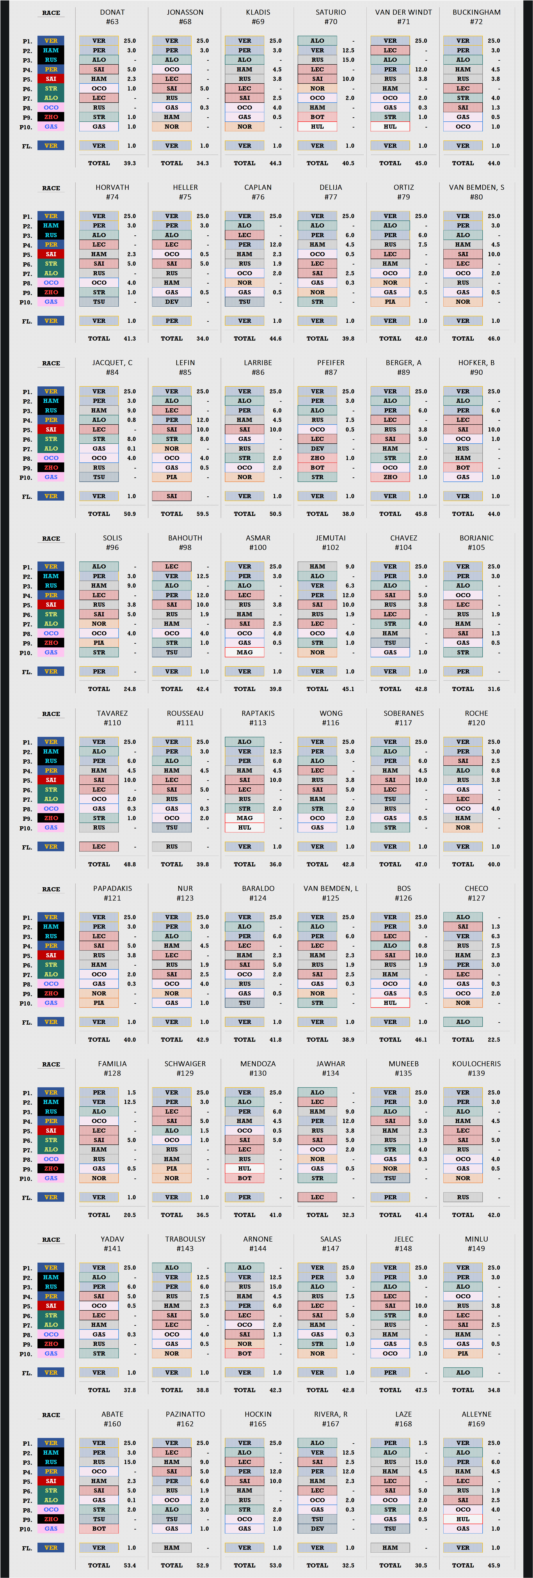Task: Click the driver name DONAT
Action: click(x=112, y=12)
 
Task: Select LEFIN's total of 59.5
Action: click(x=202, y=514)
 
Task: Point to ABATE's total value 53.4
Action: click(x=130, y=1565)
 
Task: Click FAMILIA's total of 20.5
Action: click(x=130, y=1215)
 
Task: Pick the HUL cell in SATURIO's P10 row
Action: click(x=317, y=127)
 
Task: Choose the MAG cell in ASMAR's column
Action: click(x=244, y=652)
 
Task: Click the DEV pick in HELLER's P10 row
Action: click(x=172, y=302)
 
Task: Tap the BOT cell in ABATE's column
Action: click(x=99, y=1528)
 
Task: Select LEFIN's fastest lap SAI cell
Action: click(x=172, y=496)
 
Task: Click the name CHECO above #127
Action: click(x=476, y=888)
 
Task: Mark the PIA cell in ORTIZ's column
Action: click(x=390, y=302)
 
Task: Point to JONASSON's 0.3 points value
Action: click(x=204, y=108)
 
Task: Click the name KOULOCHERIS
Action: click(x=476, y=1063)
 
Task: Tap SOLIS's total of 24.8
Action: click(x=130, y=689)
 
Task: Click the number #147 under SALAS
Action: click(x=331, y=1248)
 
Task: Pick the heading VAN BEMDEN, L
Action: click(x=331, y=888)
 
